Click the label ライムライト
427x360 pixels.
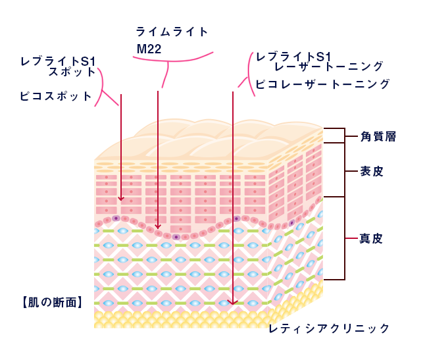[x=172, y=32]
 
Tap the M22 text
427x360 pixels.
[x=149, y=49]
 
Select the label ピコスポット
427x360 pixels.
[x=56, y=96]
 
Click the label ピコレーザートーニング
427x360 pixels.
[x=322, y=84]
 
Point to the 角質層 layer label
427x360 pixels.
[x=378, y=136]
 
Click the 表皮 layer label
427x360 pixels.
[x=372, y=171]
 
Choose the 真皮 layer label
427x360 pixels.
[x=371, y=238]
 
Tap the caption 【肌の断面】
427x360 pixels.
[x=52, y=302]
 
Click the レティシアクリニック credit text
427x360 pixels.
[x=329, y=328]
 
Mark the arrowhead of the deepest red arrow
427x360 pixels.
[x=233, y=303]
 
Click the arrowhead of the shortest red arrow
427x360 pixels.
[x=121, y=199]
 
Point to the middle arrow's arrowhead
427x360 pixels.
[x=158, y=226]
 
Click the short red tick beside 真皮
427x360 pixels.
[x=351, y=238]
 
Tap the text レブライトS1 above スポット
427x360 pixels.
[x=58, y=61]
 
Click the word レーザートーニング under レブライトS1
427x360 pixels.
[x=329, y=66]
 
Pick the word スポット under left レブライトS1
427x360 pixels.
[x=72, y=72]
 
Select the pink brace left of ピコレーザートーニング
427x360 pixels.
[x=248, y=74]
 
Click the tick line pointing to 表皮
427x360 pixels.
[x=351, y=171]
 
